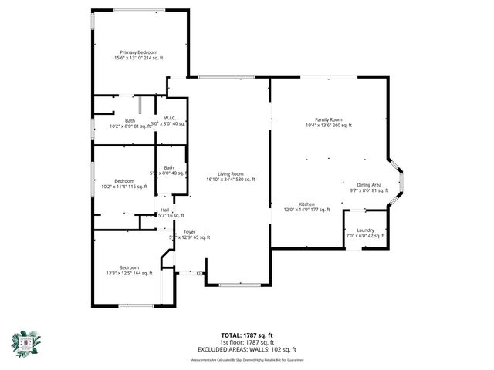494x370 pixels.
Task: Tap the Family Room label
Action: coord(328,119)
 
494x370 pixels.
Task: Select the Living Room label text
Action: coord(230,173)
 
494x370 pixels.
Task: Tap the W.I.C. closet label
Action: coord(171,118)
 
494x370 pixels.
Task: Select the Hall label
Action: coord(164,210)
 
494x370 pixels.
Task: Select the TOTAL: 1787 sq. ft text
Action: coord(246,335)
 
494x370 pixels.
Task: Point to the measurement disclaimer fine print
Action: coord(246,359)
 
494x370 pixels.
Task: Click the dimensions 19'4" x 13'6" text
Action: coord(328,125)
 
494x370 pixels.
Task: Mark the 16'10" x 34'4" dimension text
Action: coord(230,179)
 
